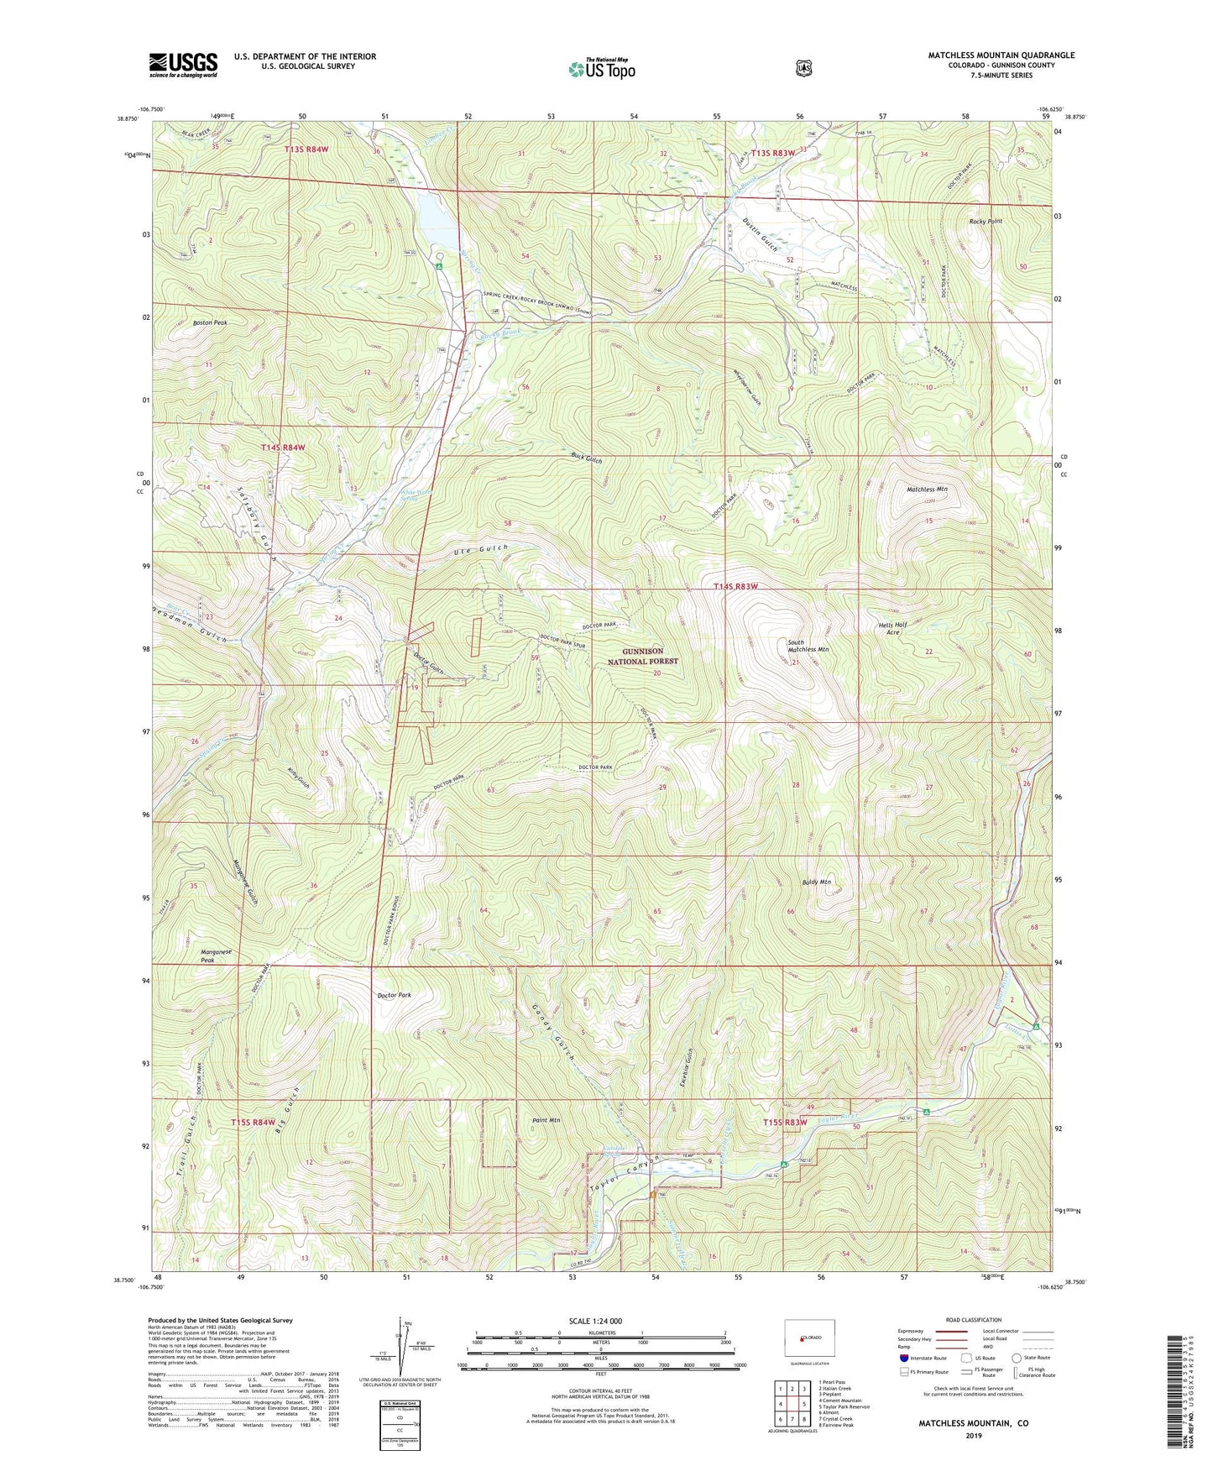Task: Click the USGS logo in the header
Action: (183, 65)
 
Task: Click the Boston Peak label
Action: (210, 322)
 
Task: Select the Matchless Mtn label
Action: (926, 489)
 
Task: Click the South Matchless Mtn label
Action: (807, 646)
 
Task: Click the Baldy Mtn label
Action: (815, 882)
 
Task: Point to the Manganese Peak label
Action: (216, 956)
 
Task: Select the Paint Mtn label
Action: (546, 1120)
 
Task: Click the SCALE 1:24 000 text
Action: (600, 1321)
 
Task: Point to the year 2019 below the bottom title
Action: (973, 1436)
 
